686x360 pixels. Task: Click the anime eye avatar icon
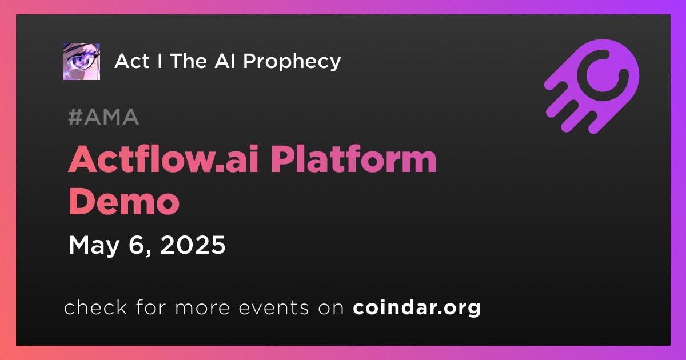[81, 62]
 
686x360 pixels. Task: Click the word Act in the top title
[132, 61]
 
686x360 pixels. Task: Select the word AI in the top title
[225, 61]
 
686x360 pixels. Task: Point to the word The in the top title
[188, 61]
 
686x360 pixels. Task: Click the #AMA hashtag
[103, 117]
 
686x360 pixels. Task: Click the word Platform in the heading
[353, 159]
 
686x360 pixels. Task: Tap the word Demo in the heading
[123, 201]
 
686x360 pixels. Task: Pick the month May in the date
[94, 246]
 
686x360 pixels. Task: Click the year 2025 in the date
[193, 245]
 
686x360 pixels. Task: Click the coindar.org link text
[417, 307]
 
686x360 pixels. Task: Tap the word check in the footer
[95, 307]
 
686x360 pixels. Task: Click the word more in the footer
[202, 309]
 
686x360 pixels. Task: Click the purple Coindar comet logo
[592, 87]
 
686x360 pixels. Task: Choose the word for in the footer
[151, 307]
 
